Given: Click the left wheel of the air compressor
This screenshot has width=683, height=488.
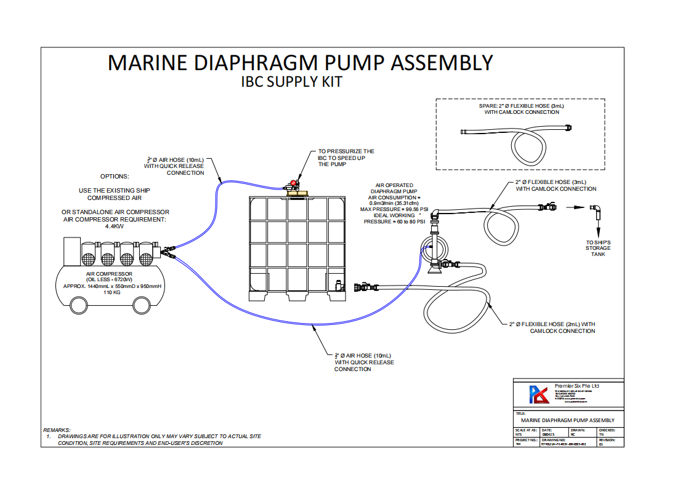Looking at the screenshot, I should [79, 305].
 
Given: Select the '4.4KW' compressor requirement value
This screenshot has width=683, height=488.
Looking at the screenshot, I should [115, 226].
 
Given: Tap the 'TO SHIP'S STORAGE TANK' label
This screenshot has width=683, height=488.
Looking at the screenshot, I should [599, 249].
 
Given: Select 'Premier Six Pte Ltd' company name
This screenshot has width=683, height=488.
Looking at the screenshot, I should [576, 386].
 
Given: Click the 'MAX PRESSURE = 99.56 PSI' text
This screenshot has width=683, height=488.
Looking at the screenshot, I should [394, 209].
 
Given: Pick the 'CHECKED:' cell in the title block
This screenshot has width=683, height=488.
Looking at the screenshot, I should [607, 430].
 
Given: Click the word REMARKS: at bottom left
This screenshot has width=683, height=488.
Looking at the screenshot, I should [57, 430].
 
